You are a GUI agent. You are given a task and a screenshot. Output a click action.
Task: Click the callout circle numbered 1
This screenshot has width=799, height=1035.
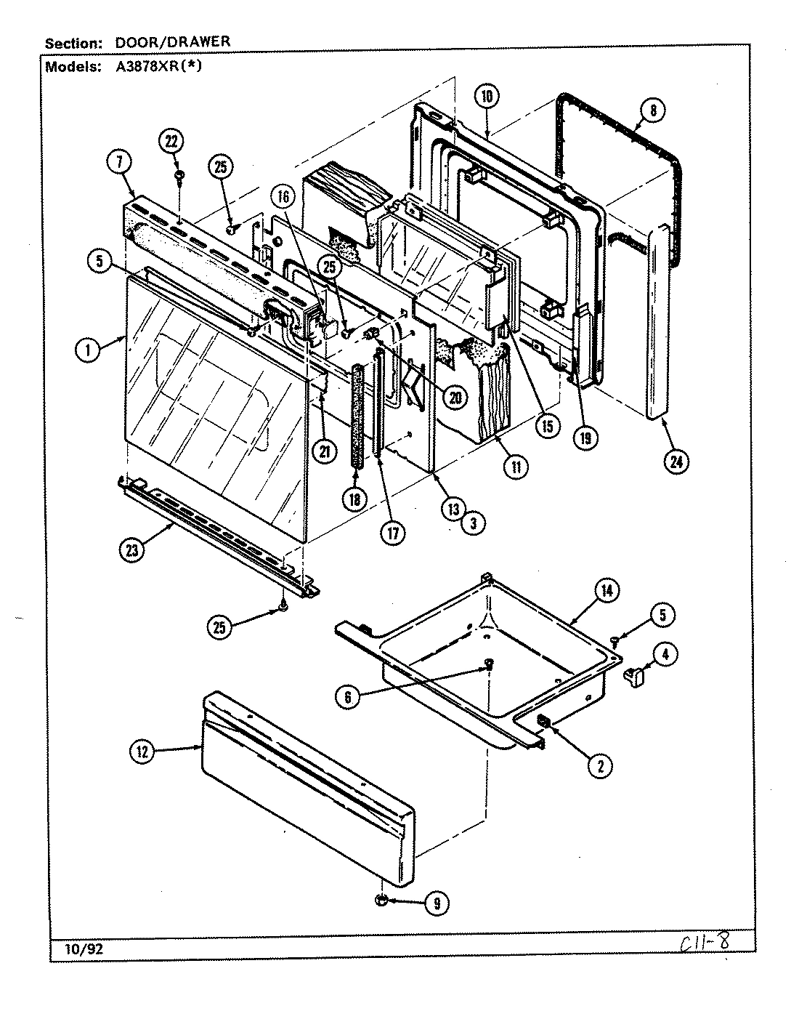(x=88, y=350)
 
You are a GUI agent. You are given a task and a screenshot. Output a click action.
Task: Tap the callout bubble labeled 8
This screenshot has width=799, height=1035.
(x=652, y=110)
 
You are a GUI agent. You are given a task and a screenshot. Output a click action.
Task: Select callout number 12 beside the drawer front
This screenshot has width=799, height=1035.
(x=142, y=752)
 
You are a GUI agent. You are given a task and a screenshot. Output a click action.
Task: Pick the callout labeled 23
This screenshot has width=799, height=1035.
(x=132, y=549)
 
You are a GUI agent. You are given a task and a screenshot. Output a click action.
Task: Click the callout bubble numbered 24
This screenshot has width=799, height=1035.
(x=677, y=461)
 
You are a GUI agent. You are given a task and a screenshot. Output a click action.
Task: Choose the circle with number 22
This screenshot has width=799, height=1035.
(x=171, y=142)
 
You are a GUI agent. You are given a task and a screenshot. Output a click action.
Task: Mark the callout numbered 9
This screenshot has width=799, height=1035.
(x=436, y=903)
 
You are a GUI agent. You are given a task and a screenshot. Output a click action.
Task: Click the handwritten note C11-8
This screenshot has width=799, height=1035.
(x=704, y=943)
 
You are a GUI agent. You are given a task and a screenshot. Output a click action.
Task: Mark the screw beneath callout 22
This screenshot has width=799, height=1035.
(x=178, y=175)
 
